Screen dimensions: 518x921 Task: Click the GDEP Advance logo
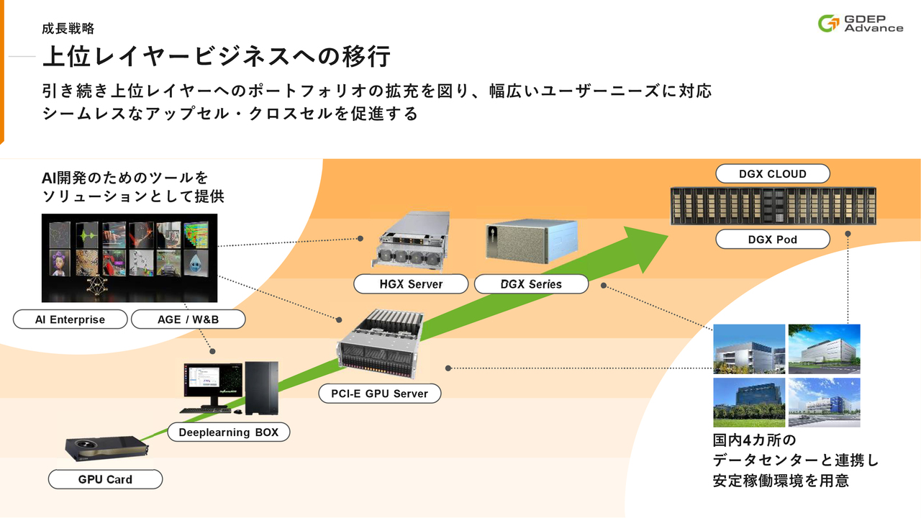pyautogui.click(x=861, y=23)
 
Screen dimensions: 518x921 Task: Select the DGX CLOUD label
pyautogui.click(x=773, y=173)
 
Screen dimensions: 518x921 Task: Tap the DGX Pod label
pyautogui.click(x=773, y=239)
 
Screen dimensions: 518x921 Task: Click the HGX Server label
pyautogui.click(x=411, y=283)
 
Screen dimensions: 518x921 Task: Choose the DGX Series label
pyautogui.click(x=531, y=283)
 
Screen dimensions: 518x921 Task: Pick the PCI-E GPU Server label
pyautogui.click(x=380, y=393)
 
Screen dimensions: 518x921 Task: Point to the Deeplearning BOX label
pyautogui.click(x=229, y=432)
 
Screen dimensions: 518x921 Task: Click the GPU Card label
pyautogui.click(x=105, y=479)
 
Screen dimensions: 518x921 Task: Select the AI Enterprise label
pyautogui.click(x=70, y=319)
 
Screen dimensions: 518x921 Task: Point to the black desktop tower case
pyautogui.click(x=261, y=388)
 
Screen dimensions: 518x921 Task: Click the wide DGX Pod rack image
pyautogui.click(x=772, y=206)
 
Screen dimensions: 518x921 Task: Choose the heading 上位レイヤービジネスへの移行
pyautogui.click(x=217, y=56)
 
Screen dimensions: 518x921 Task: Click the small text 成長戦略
pyautogui.click(x=68, y=29)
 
